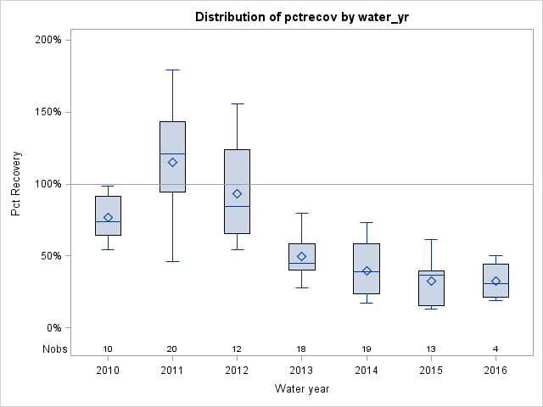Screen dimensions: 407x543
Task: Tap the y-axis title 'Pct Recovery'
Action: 17,184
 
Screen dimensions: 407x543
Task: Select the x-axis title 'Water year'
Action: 302,389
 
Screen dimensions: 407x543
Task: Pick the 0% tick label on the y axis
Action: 53,328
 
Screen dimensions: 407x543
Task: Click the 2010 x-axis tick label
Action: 108,371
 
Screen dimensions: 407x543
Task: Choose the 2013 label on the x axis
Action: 302,371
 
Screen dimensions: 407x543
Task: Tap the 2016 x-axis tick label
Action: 495,371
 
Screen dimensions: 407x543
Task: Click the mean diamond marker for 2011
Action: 172,162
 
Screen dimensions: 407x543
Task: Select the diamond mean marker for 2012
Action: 237,194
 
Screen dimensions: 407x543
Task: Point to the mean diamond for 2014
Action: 367,271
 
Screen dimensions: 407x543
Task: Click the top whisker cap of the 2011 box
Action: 172,70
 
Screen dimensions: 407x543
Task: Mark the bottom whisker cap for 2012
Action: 237,249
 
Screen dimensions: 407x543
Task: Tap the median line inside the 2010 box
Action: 108,221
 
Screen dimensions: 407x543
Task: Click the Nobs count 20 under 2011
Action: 172,349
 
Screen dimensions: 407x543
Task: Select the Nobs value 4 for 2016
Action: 495,349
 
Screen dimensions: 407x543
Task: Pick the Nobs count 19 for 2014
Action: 367,349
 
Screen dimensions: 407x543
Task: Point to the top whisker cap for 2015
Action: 431,239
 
